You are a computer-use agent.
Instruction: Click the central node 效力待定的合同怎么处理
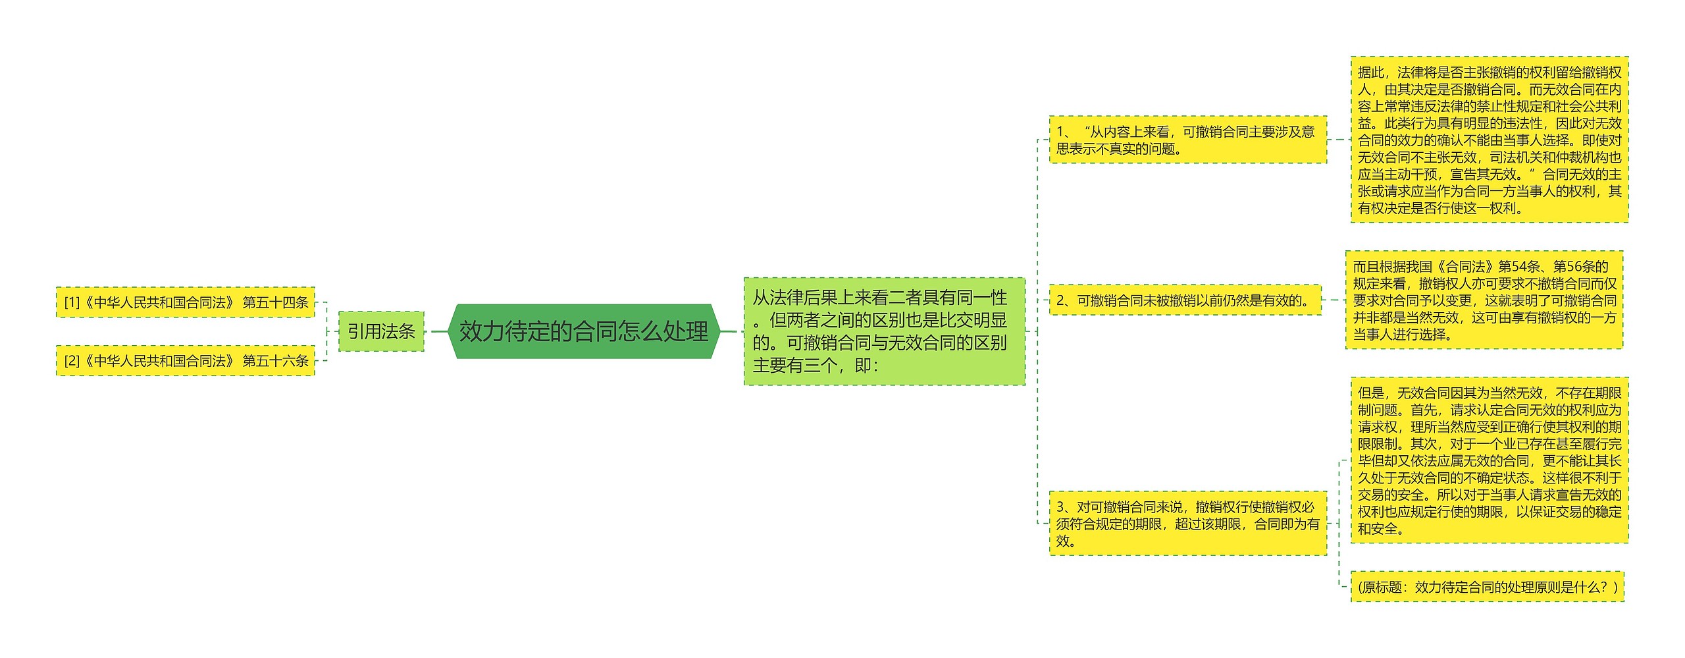[x=583, y=331]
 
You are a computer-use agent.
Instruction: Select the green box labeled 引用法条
[x=381, y=331]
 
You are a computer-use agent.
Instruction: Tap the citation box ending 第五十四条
[x=186, y=302]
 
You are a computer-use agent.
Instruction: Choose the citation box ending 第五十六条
[x=186, y=360]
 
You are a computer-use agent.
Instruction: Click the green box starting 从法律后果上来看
[x=884, y=331]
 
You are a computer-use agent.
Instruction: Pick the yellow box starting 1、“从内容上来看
[x=1187, y=140]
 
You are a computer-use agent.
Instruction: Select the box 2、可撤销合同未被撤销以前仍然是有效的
[x=1185, y=300]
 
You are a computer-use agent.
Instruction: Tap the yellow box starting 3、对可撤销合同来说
[x=1187, y=524]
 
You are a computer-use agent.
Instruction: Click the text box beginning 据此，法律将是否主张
[x=1489, y=140]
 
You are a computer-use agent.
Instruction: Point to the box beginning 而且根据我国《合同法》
[x=1484, y=300]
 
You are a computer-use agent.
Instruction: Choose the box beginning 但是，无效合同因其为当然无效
[x=1489, y=460]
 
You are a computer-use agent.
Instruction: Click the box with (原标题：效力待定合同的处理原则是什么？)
[x=1487, y=587]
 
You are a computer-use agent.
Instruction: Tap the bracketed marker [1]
[x=71, y=302]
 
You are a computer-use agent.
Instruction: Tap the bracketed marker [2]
[x=71, y=360]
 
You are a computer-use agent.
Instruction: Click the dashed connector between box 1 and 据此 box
[x=1339, y=140]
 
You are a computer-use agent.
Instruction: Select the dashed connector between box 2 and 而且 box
[x=1334, y=300]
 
